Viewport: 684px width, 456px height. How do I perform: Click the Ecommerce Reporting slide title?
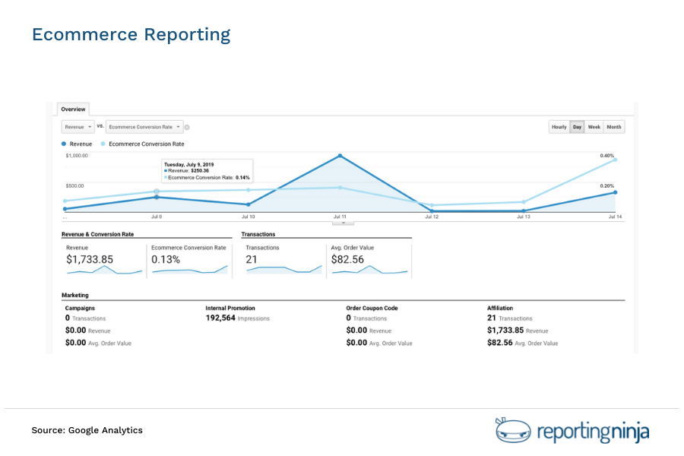131,35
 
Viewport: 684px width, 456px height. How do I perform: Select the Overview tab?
73,109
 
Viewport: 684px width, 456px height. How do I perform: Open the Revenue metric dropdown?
78,127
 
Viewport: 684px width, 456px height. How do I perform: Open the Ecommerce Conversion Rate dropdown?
144,127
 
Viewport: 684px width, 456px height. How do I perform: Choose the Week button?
594,127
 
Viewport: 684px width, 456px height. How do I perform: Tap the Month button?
614,127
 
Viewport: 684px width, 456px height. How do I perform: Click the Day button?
577,127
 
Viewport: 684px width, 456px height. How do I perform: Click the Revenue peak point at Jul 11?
340,156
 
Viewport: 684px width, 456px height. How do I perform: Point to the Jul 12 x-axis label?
432,217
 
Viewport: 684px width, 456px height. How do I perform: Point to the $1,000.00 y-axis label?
77,156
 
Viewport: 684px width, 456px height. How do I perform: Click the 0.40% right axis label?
606,156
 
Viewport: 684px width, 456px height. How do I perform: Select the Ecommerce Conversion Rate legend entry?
146,144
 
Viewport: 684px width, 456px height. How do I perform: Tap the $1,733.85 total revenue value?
90,259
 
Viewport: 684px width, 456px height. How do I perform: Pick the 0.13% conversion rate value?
166,259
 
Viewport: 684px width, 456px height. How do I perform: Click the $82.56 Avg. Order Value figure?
347,259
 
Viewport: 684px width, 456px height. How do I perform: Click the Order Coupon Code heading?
372,308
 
